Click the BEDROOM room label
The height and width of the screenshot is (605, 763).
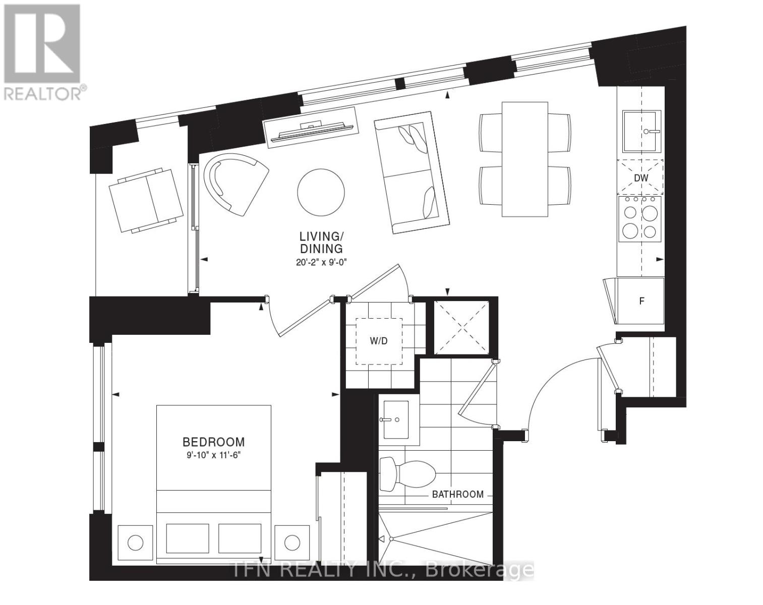click(x=213, y=442)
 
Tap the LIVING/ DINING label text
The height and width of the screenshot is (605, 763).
click(x=321, y=242)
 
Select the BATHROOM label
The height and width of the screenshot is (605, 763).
click(x=457, y=494)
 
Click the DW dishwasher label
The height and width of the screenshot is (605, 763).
click(x=640, y=178)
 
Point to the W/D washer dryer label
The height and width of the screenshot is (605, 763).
click(x=379, y=341)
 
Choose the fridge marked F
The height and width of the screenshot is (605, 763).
click(x=641, y=301)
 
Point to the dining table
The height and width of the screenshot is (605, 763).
click(x=525, y=159)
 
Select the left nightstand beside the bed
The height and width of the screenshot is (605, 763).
click(x=135, y=542)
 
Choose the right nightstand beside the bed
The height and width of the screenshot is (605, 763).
click(x=292, y=542)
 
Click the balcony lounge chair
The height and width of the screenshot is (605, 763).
click(x=146, y=200)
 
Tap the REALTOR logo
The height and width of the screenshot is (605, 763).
click(x=43, y=50)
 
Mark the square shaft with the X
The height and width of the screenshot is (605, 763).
click(x=461, y=327)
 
